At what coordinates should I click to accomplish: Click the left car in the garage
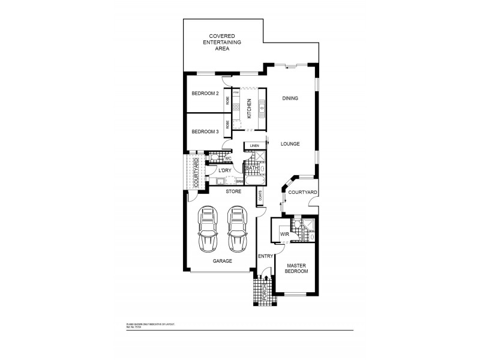[208, 230]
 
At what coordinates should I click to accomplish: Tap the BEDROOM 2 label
[205, 94]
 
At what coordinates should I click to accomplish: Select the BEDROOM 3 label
[205, 131]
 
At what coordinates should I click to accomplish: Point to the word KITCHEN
[249, 110]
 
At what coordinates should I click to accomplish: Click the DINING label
[290, 98]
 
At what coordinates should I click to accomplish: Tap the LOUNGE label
[289, 144]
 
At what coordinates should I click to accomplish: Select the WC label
[228, 158]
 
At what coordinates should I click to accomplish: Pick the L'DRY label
[225, 171]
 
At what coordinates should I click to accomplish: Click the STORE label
[233, 192]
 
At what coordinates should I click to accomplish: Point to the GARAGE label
[222, 262]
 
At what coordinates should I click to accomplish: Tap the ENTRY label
[266, 256]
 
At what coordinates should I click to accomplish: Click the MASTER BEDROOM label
[296, 268]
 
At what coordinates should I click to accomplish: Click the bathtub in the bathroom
[254, 181]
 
